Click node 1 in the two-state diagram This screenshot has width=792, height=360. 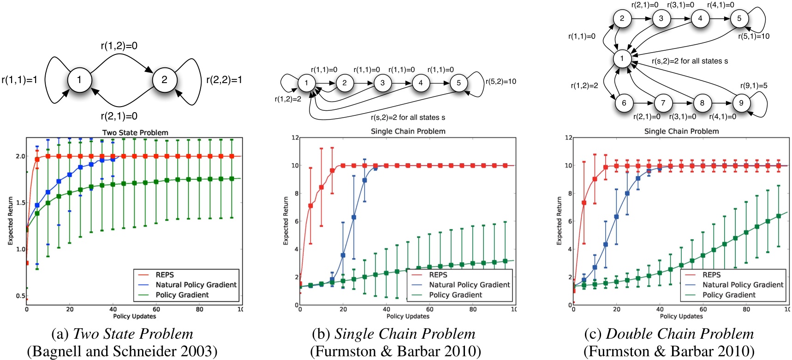[x=79, y=80]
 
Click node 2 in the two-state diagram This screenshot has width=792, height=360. [x=164, y=80]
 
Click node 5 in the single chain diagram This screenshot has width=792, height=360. [x=459, y=83]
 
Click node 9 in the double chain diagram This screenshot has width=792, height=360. [x=741, y=103]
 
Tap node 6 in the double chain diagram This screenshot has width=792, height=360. [x=624, y=103]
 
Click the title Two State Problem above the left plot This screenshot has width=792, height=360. [x=135, y=132]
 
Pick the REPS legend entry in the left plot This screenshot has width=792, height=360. [x=165, y=275]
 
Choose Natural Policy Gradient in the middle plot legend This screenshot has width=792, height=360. [x=469, y=285]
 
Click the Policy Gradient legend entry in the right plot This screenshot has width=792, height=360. [x=729, y=295]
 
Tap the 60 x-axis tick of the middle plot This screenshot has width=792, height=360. [x=429, y=309]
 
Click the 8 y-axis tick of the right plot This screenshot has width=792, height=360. [x=569, y=193]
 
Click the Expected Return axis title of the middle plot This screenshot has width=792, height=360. [x=286, y=221]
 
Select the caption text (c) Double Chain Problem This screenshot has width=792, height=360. [x=669, y=334]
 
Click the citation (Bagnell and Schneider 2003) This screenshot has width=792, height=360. [x=122, y=351]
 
